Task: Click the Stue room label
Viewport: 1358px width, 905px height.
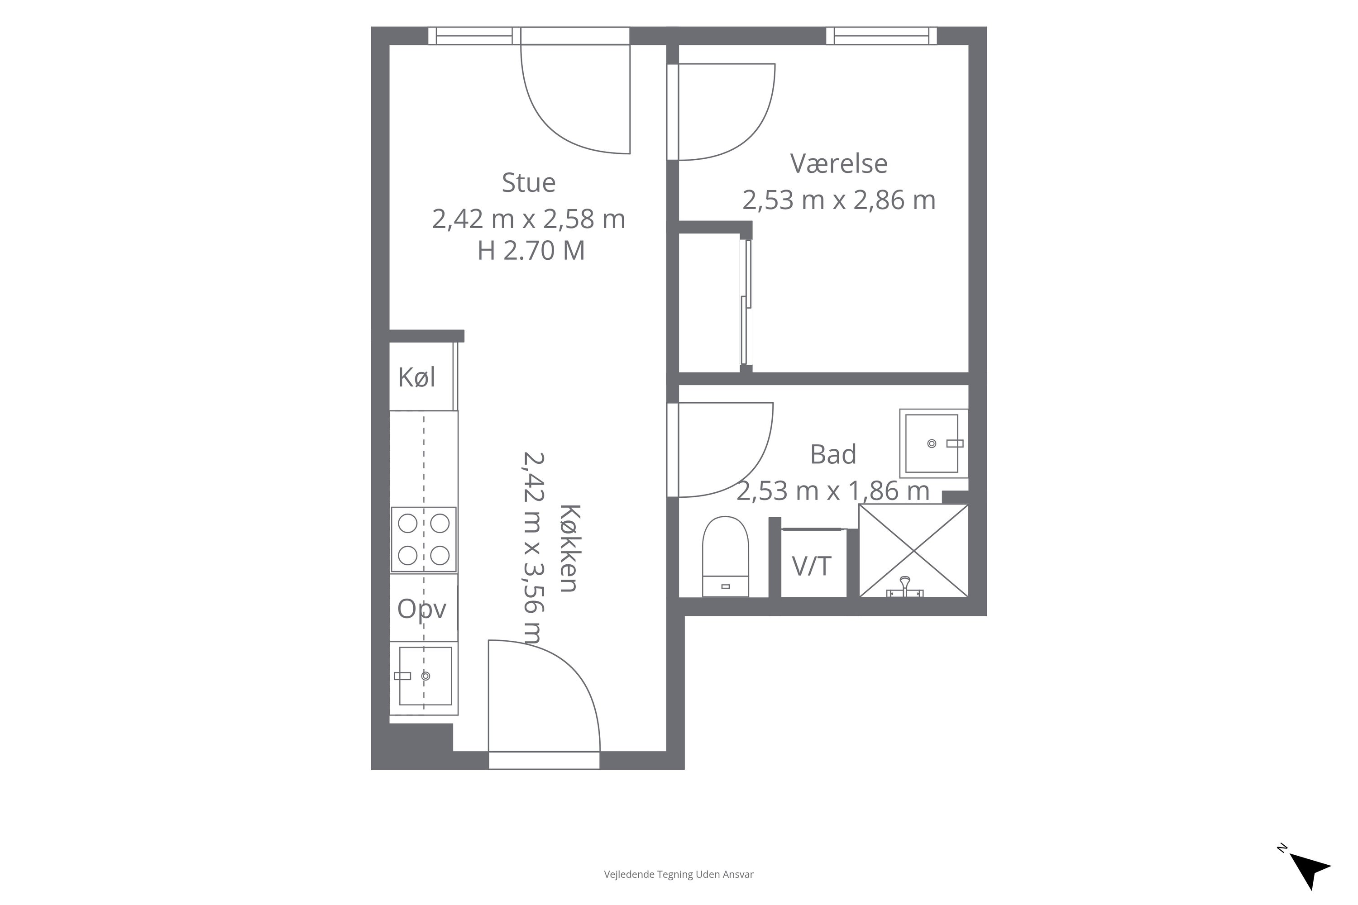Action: [528, 183]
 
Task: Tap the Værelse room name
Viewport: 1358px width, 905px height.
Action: [838, 163]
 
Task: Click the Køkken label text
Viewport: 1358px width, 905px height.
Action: [569, 548]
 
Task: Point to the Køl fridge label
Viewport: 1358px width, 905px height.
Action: [416, 377]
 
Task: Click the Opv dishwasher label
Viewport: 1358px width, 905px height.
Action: [422, 610]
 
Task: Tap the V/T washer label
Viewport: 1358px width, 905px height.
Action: [811, 566]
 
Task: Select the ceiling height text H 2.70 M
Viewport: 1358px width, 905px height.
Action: [531, 251]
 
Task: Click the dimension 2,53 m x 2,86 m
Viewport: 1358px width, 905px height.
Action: [838, 200]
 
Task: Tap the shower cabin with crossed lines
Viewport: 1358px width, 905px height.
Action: [913, 551]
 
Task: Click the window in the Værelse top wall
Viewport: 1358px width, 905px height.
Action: [882, 36]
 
